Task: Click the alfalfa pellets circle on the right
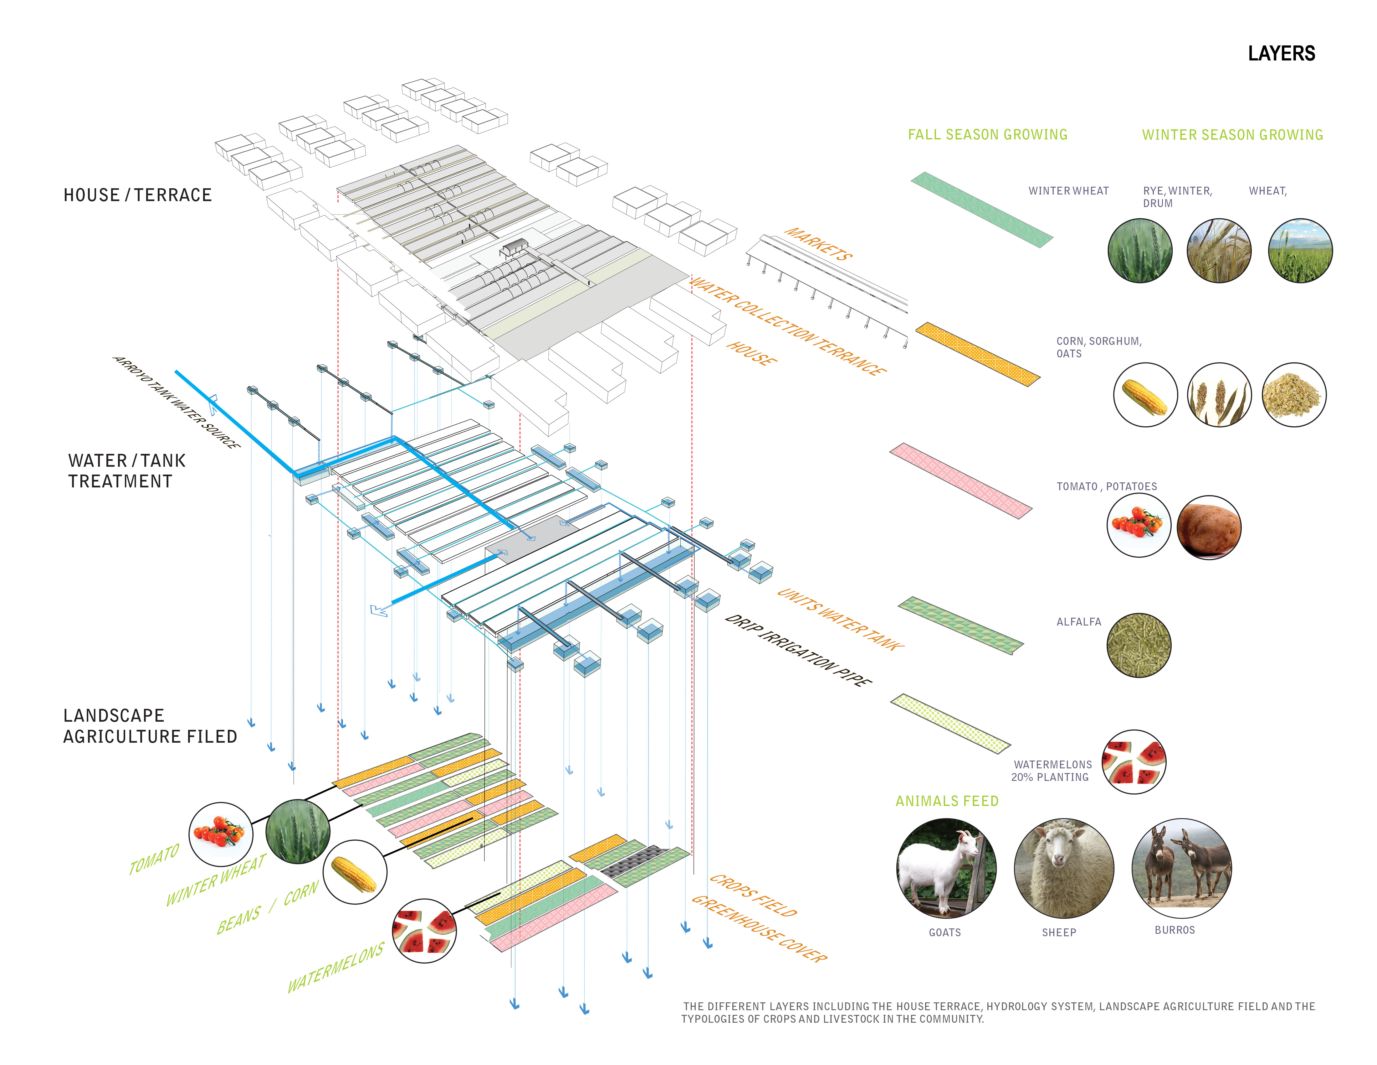1139,645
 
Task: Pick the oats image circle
1294,395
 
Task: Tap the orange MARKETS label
818,244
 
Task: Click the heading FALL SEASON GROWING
987,134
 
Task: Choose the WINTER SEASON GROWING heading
1233,134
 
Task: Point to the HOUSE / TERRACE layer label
137,195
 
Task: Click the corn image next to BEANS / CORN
354,872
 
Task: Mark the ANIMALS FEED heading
947,801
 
